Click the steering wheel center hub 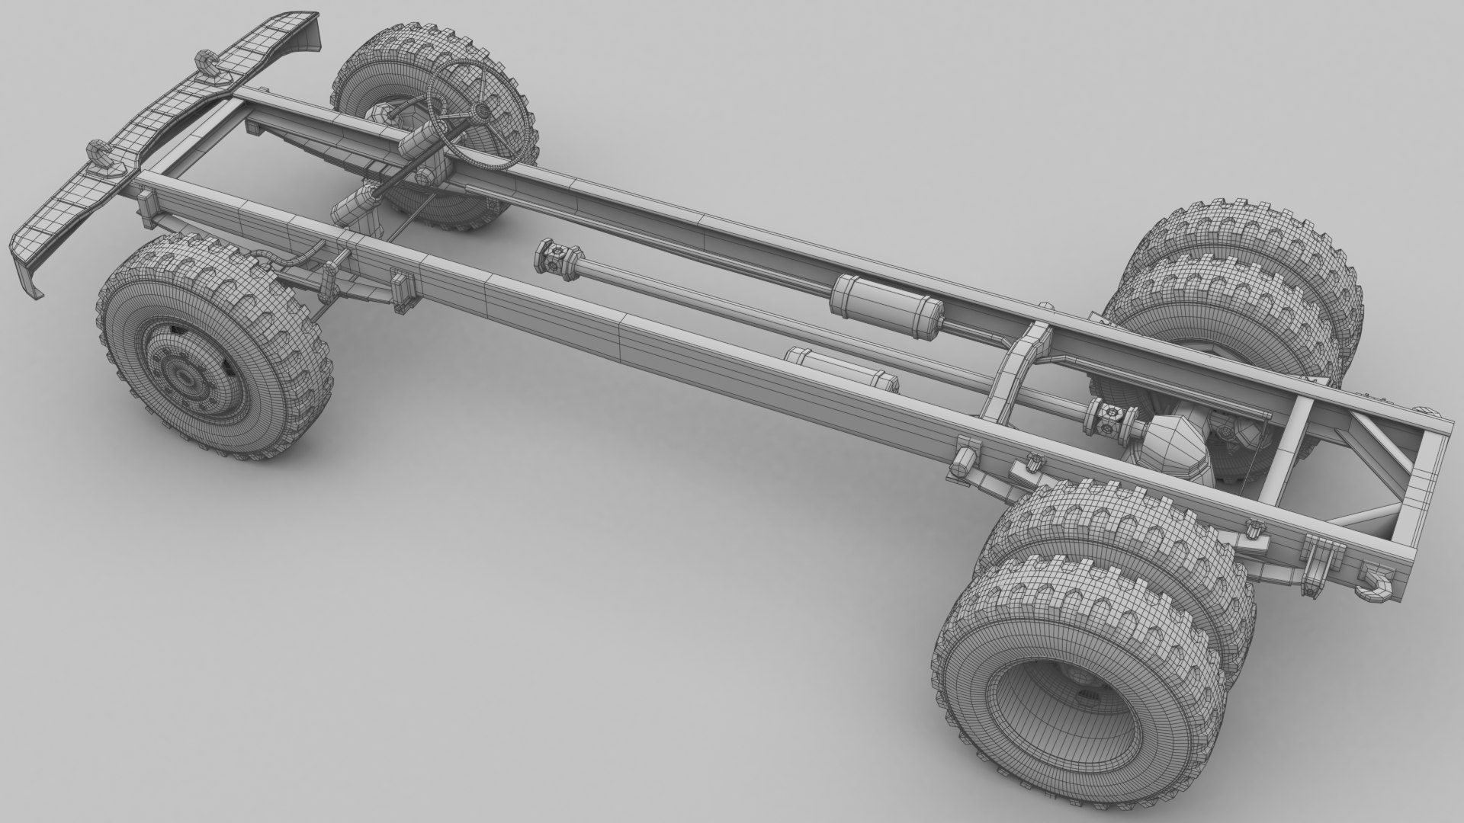pyautogui.click(x=481, y=113)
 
